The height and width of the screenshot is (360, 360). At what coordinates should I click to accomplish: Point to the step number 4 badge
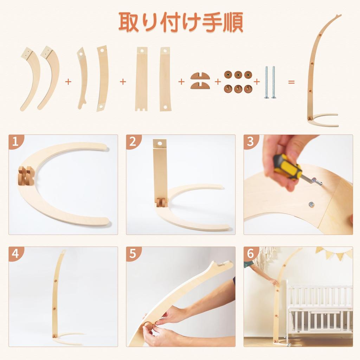15,253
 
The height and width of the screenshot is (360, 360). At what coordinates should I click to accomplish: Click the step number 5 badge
133,253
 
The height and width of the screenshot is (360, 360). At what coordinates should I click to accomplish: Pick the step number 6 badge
250,253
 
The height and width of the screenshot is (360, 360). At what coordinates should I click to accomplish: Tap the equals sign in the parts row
291,82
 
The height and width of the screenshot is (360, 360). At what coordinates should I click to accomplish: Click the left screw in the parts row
267,82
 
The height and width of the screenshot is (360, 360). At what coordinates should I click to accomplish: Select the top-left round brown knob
228,75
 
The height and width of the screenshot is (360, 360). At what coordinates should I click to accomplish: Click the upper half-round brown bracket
200,76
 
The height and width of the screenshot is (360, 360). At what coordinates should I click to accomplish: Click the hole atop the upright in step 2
160,143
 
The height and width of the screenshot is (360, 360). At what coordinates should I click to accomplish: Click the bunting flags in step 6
334,253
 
